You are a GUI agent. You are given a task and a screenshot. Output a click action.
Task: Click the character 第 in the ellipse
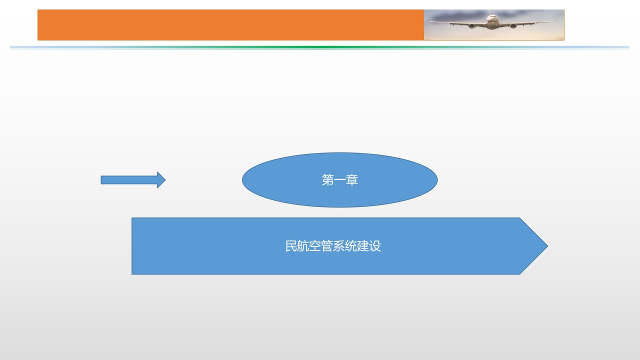tap(327, 180)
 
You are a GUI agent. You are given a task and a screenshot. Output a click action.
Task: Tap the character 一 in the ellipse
tap(339, 180)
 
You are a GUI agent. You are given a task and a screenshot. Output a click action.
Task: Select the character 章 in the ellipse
tap(352, 180)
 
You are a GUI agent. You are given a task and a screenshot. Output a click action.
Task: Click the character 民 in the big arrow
tap(291, 246)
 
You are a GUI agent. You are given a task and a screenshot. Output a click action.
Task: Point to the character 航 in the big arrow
tap(303, 246)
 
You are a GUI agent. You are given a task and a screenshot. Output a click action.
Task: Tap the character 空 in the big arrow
tap(315, 246)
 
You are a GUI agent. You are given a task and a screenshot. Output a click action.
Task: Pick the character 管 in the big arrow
tap(327, 246)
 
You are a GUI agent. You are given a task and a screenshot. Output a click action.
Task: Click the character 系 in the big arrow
tap(339, 246)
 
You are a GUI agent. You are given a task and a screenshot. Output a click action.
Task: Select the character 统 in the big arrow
tap(351, 246)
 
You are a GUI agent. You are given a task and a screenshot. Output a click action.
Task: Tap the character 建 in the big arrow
tap(363, 246)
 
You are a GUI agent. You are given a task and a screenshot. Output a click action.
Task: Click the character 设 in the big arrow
tap(375, 246)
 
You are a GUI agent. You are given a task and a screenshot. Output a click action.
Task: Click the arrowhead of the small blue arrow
tap(161, 180)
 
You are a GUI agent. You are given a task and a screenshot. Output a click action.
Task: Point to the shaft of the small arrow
tap(129, 180)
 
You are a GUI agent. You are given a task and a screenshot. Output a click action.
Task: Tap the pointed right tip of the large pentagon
tap(547, 246)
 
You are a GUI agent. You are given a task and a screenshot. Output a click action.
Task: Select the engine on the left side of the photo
tap(471, 26)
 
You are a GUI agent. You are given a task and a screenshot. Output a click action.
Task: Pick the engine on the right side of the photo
tap(513, 26)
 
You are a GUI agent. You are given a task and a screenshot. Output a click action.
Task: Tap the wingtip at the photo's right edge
tap(555, 21)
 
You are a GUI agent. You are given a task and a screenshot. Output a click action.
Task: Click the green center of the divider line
tap(319, 47)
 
